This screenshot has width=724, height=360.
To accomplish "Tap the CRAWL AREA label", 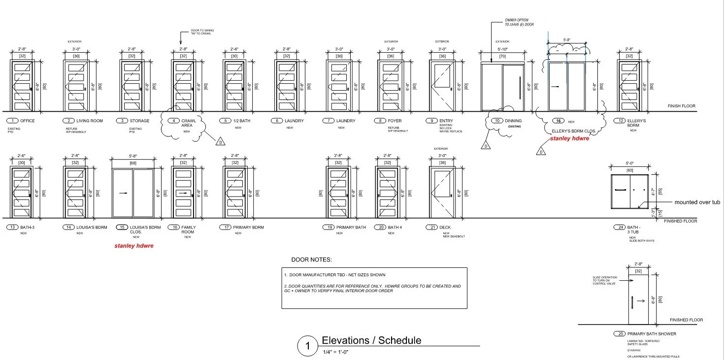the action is pyautogui.click(x=189, y=123).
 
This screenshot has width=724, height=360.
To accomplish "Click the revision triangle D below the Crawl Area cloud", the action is pyautogui.click(x=220, y=143).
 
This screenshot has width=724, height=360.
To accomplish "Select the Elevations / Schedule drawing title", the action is pyautogui.click(x=371, y=340).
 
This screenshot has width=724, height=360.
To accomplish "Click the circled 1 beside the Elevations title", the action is pyautogui.click(x=308, y=346).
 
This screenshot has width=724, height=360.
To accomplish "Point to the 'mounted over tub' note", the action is pyautogui.click(x=697, y=202).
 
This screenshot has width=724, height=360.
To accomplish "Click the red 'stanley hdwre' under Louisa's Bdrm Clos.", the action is pyautogui.click(x=134, y=246).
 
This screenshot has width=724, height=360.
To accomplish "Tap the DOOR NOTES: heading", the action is pyautogui.click(x=312, y=260).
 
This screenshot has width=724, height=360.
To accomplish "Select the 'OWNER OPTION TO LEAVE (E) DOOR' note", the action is pyautogui.click(x=519, y=22).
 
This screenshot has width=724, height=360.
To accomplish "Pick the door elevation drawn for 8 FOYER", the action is pyautogui.click(x=391, y=85).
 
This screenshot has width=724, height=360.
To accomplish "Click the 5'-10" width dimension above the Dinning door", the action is pyautogui.click(x=502, y=49).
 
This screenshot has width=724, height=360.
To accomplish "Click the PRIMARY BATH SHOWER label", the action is pyautogui.click(x=652, y=334).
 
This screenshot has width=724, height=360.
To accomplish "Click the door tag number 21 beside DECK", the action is pyautogui.click(x=431, y=228).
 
